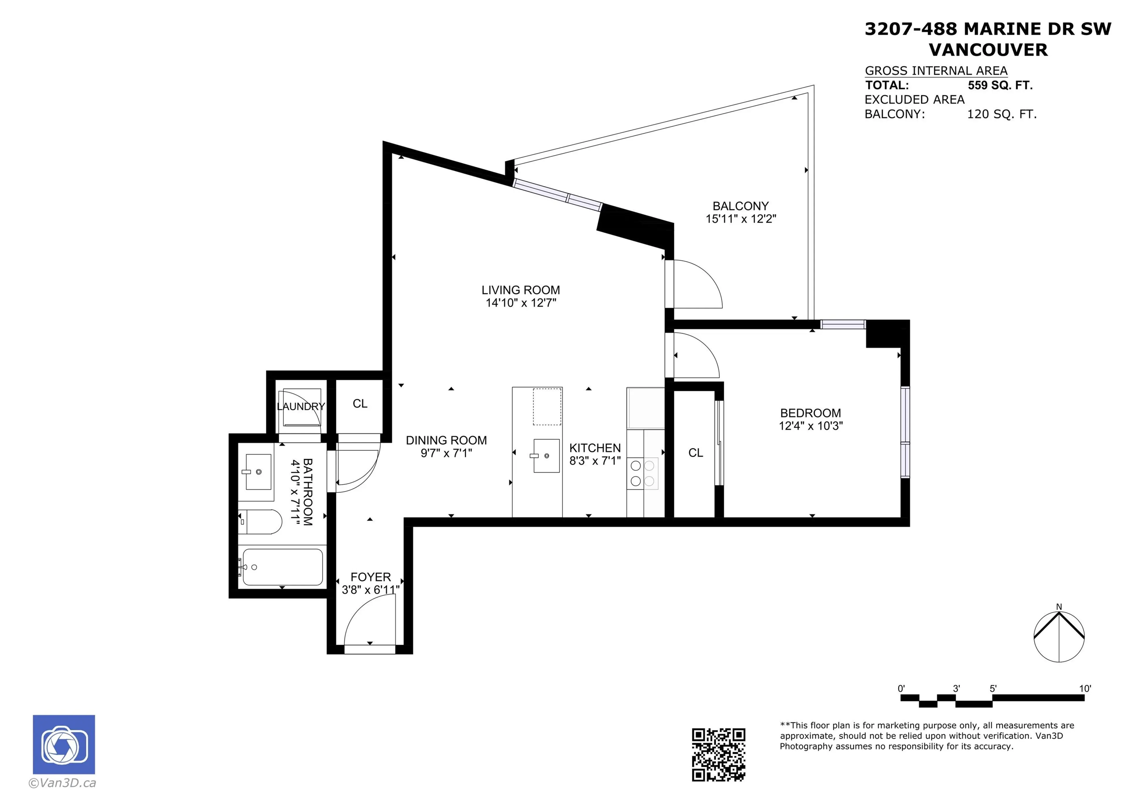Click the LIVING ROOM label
[x=520, y=290]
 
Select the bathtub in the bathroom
[x=282, y=567]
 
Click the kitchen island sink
[x=546, y=456]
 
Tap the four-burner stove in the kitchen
[x=642, y=474]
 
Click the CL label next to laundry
[x=360, y=404]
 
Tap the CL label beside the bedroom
[x=696, y=453]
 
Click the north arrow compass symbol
[x=1059, y=636]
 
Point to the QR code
[x=718, y=754]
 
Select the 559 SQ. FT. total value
[x=1000, y=85]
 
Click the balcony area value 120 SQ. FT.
[x=1001, y=114]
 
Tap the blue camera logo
[x=64, y=744]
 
